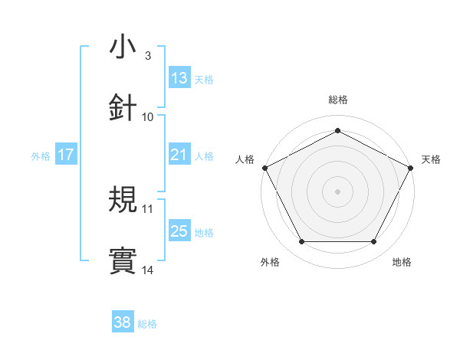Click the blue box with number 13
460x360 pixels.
(179, 78)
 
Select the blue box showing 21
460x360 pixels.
(179, 155)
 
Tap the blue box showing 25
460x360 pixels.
(179, 232)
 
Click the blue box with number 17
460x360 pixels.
(66, 155)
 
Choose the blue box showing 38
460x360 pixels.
(123, 323)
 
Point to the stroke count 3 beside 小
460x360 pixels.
(147, 56)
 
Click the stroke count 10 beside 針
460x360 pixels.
(148, 116)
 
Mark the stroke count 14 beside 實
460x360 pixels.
(148, 270)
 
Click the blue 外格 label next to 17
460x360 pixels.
(41, 156)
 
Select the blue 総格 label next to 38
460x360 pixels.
(147, 324)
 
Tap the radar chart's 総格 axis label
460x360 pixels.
(338, 100)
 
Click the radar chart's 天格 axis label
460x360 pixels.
(432, 159)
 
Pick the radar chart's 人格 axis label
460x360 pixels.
(245, 159)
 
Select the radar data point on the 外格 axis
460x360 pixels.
(301, 242)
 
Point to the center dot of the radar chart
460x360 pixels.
(338, 191)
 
